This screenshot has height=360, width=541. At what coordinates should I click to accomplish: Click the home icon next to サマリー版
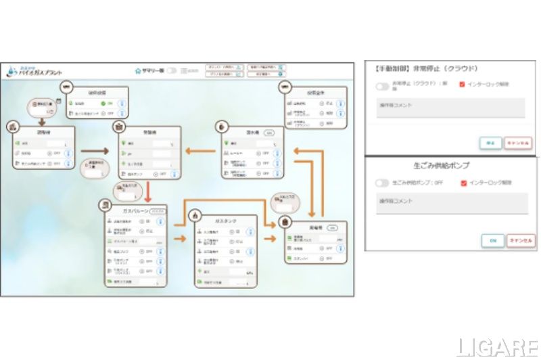[138, 70]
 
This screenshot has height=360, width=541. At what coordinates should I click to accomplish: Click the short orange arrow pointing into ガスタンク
[179, 239]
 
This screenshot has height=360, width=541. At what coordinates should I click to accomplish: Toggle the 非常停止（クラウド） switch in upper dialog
[383, 86]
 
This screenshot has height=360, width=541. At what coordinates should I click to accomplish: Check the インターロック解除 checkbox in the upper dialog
[462, 85]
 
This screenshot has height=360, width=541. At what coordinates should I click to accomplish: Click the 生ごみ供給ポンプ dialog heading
[450, 165]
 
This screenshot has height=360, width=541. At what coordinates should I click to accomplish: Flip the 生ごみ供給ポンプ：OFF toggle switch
[383, 183]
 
